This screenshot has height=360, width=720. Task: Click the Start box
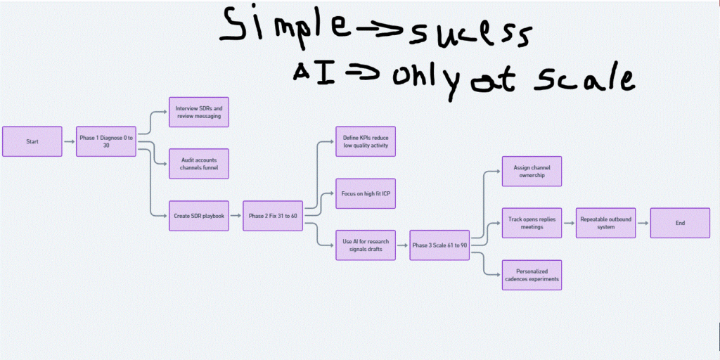point(32,141)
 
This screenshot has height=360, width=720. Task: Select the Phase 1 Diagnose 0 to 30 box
point(106,141)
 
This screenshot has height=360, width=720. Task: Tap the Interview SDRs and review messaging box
point(199,112)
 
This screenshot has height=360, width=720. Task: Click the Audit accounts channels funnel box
point(199,164)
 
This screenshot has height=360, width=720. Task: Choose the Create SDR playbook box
point(199,216)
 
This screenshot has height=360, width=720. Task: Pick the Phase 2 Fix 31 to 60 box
point(273,216)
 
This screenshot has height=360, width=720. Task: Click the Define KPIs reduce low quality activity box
point(366,141)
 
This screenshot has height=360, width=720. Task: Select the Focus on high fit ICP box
point(366,193)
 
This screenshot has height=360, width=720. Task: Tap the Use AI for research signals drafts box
point(366,245)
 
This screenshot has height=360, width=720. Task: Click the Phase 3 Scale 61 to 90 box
point(439,245)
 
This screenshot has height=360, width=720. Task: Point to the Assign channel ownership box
point(532,171)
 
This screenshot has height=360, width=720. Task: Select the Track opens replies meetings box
point(532,223)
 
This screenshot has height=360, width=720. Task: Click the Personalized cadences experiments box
point(532,275)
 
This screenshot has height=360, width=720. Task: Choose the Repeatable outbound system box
point(606,223)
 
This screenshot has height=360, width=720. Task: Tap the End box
point(680,223)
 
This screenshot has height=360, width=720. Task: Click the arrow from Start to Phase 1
point(69,141)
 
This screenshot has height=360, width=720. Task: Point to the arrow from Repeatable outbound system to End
point(643,223)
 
